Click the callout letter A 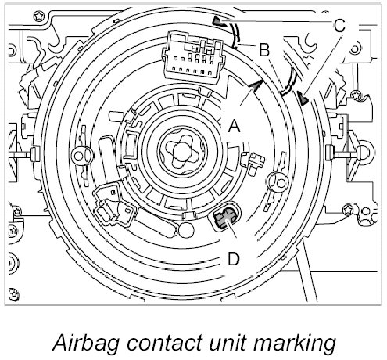(x=234, y=126)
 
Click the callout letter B (x=264, y=49)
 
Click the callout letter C (x=339, y=26)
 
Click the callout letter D (x=234, y=259)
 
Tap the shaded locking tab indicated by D (x=225, y=217)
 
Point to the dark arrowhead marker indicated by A (x=256, y=85)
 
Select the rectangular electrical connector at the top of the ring (x=193, y=56)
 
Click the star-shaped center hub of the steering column (x=182, y=151)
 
